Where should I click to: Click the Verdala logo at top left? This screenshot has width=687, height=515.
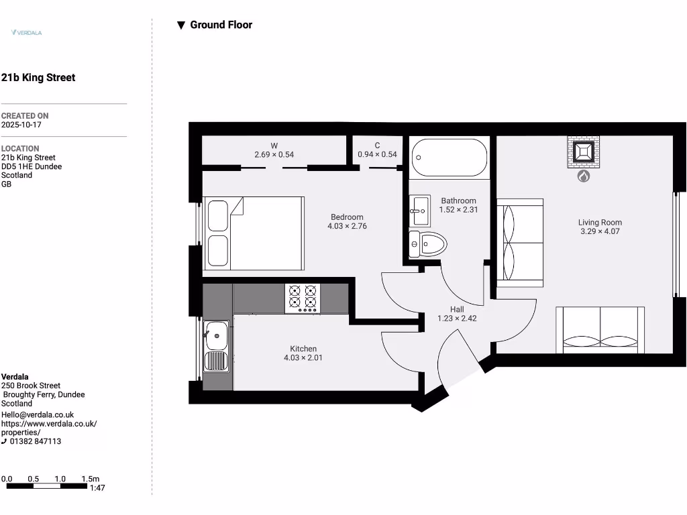coord(27,32)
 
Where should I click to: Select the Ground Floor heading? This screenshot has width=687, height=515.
coord(215,25)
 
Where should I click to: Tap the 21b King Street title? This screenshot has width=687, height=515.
coord(38,78)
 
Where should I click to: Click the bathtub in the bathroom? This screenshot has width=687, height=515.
coord(450,158)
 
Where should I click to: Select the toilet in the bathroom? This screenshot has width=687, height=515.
coord(428,244)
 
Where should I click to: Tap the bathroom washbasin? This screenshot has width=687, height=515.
coord(419,211)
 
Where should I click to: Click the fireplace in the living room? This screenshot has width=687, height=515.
coord(583,152)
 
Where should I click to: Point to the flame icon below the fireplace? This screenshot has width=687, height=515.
coord(583,176)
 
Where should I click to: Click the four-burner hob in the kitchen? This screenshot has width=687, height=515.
coord(302,298)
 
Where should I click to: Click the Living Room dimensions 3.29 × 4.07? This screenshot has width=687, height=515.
coord(600,232)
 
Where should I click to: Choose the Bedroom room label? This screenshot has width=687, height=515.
coord(347,217)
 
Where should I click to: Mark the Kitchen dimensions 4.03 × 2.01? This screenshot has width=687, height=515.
coord(303,358)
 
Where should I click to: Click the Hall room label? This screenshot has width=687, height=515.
coord(457,309)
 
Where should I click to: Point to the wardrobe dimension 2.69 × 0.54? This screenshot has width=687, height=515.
coord(274,155)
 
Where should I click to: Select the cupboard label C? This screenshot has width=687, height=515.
coord(377,146)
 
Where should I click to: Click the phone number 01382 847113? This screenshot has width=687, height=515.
coord(36,441)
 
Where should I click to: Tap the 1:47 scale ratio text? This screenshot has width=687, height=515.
coord(97,488)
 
